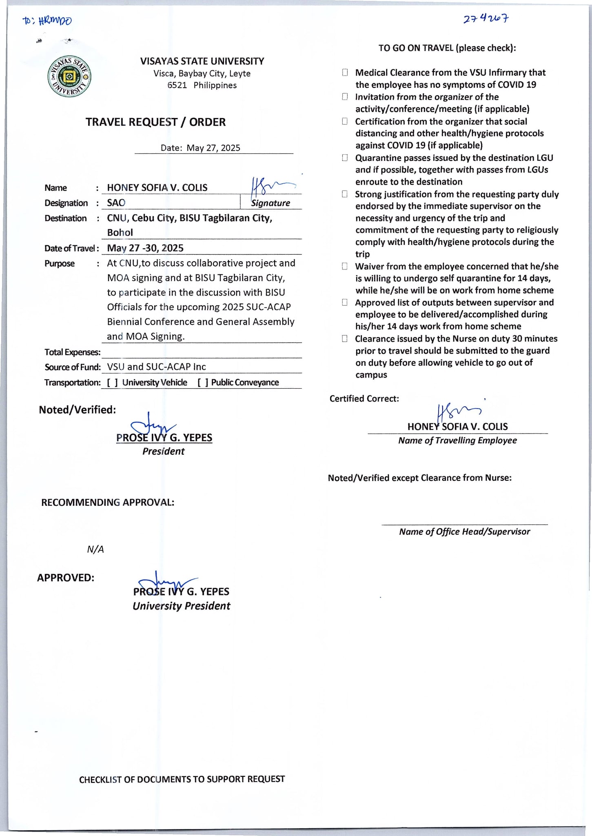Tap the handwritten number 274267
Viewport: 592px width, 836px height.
point(486,19)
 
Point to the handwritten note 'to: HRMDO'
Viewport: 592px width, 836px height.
point(47,21)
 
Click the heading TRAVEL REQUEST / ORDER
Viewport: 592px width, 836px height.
point(155,122)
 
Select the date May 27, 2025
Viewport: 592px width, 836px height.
point(213,148)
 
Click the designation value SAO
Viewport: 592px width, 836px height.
point(116,203)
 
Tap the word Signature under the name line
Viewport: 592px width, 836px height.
point(271,203)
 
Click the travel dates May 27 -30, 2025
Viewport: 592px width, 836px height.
point(145,248)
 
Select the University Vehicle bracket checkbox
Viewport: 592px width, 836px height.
point(113,382)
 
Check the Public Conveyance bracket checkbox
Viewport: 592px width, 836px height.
point(203,382)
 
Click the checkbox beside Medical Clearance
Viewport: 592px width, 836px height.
point(345,73)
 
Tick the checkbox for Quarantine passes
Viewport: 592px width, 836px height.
point(345,158)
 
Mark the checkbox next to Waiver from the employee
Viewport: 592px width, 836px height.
point(345,267)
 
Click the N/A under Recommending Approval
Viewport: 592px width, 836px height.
point(95,549)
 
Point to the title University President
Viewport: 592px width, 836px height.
point(181,606)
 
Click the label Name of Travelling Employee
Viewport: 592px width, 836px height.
point(457,440)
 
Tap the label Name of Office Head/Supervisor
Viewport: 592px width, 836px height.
point(464,531)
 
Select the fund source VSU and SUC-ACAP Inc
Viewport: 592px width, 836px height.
point(156,367)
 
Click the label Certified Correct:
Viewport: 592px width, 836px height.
point(364,399)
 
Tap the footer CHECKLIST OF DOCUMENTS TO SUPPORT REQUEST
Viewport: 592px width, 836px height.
point(182,779)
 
